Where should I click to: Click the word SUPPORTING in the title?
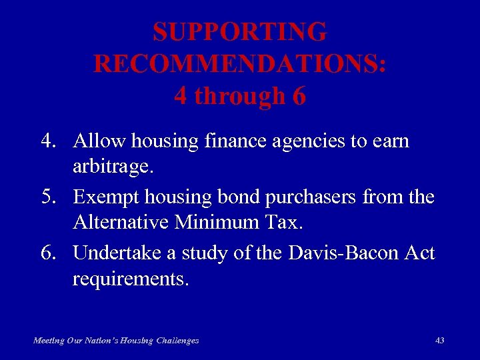click(240, 32)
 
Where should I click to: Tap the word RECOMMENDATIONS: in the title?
click(240, 64)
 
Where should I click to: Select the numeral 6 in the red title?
click(299, 97)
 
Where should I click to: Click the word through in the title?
click(238, 97)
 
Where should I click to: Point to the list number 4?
click(46, 141)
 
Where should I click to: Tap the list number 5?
click(46, 197)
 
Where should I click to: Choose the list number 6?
click(46, 253)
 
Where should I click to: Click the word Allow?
click(100, 141)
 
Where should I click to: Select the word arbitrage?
click(113, 167)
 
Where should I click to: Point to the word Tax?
click(285, 222)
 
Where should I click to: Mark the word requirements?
click(131, 279)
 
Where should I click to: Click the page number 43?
click(439, 340)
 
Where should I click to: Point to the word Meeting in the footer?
click(49, 341)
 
